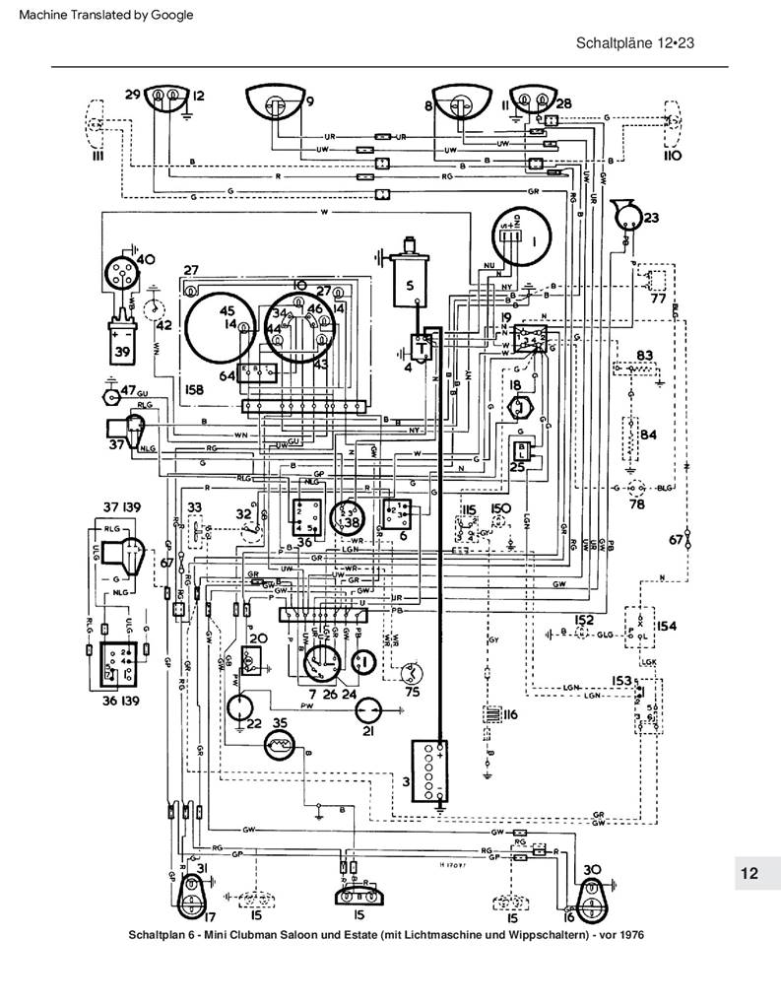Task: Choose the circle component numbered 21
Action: [x=367, y=711]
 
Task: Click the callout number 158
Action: [x=195, y=391]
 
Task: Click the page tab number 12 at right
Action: [x=748, y=873]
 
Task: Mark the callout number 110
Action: [x=673, y=157]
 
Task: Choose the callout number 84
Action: [x=649, y=434]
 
